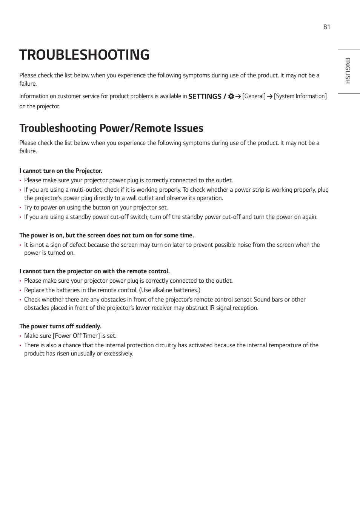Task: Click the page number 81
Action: (x=326, y=27)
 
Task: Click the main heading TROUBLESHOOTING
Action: (x=85, y=55)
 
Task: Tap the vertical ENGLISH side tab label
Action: (x=348, y=71)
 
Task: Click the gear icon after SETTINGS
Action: (x=231, y=96)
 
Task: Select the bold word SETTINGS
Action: (x=205, y=96)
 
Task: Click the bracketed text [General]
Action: (x=254, y=96)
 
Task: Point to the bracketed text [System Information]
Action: (x=300, y=96)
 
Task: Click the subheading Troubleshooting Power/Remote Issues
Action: (x=111, y=128)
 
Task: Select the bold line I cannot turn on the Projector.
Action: (x=61, y=171)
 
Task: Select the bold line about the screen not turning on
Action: (x=106, y=235)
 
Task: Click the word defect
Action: (x=77, y=245)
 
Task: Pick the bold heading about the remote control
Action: (x=94, y=271)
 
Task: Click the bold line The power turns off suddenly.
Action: (x=60, y=326)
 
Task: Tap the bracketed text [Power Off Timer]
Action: (x=76, y=336)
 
